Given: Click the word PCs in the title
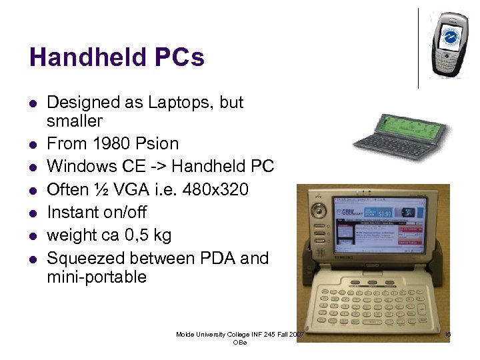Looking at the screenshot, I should tap(180, 57).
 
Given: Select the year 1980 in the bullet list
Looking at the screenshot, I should tap(109, 143).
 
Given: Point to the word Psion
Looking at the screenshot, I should tap(157, 143).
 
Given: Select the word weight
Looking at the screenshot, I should tap(69, 235).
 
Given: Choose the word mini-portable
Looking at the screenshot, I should tap(97, 277).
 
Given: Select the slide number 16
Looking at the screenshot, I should tap(447, 334).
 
